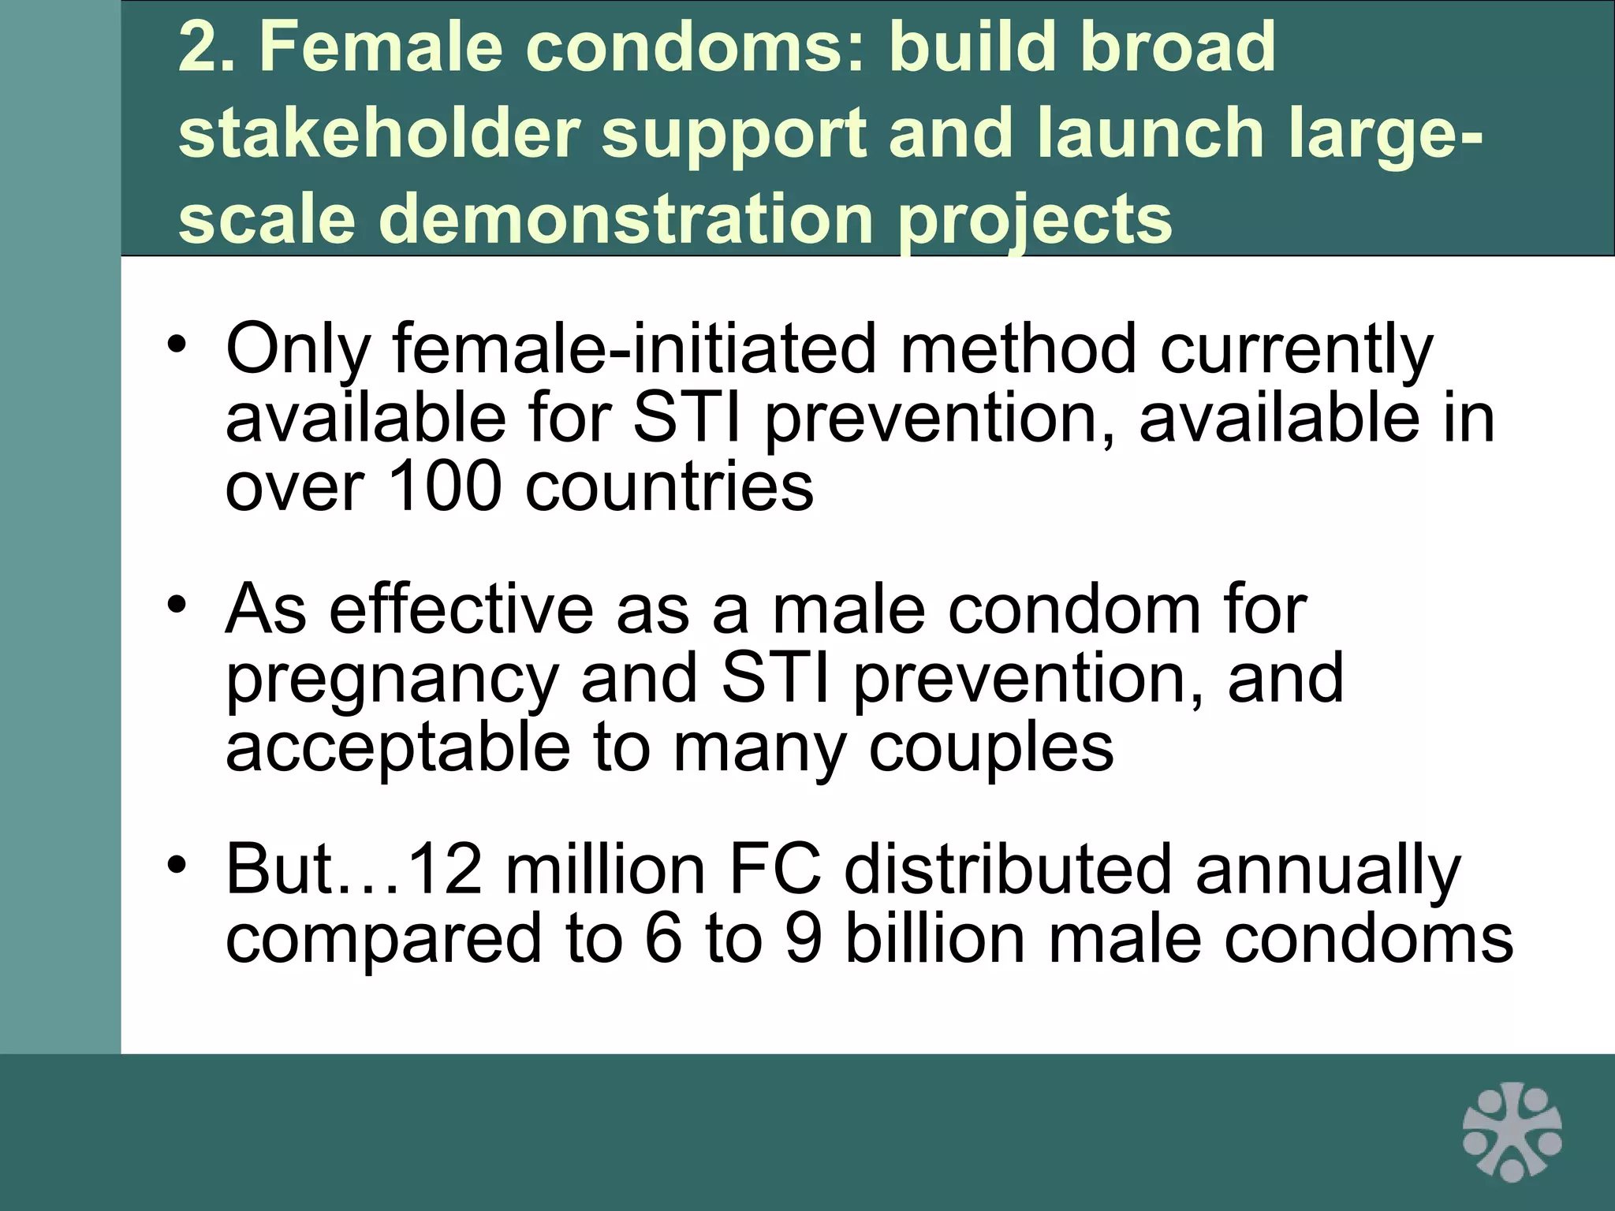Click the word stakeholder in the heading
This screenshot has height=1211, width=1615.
[379, 132]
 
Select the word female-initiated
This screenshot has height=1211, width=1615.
[635, 348]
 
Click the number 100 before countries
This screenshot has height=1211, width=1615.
[445, 486]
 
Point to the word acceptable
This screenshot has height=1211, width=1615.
[397, 749]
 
